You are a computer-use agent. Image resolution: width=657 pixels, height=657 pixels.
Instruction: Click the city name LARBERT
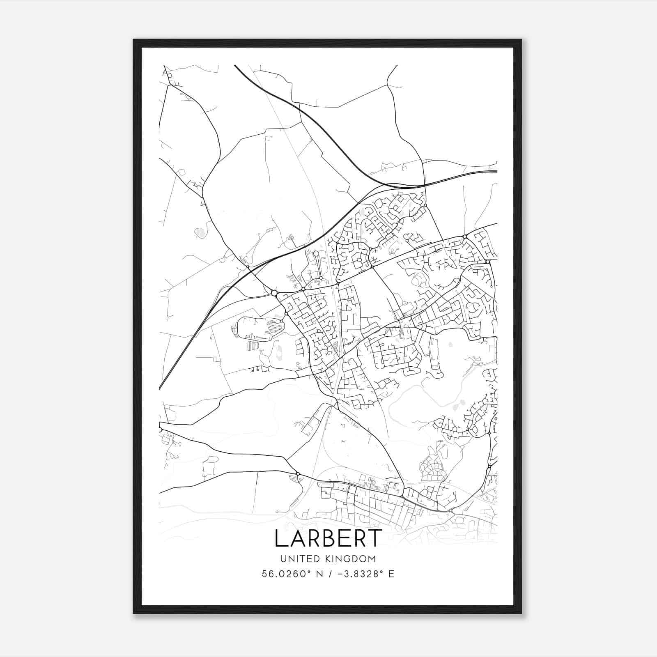328,538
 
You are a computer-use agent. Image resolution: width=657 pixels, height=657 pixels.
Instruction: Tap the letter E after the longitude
391,574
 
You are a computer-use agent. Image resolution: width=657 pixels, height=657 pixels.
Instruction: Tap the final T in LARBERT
374,538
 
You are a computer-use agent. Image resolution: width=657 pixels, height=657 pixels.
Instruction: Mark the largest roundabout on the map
274,293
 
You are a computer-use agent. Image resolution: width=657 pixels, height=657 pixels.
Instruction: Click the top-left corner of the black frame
134,40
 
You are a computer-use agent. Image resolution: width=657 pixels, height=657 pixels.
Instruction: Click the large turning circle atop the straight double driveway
316,253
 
